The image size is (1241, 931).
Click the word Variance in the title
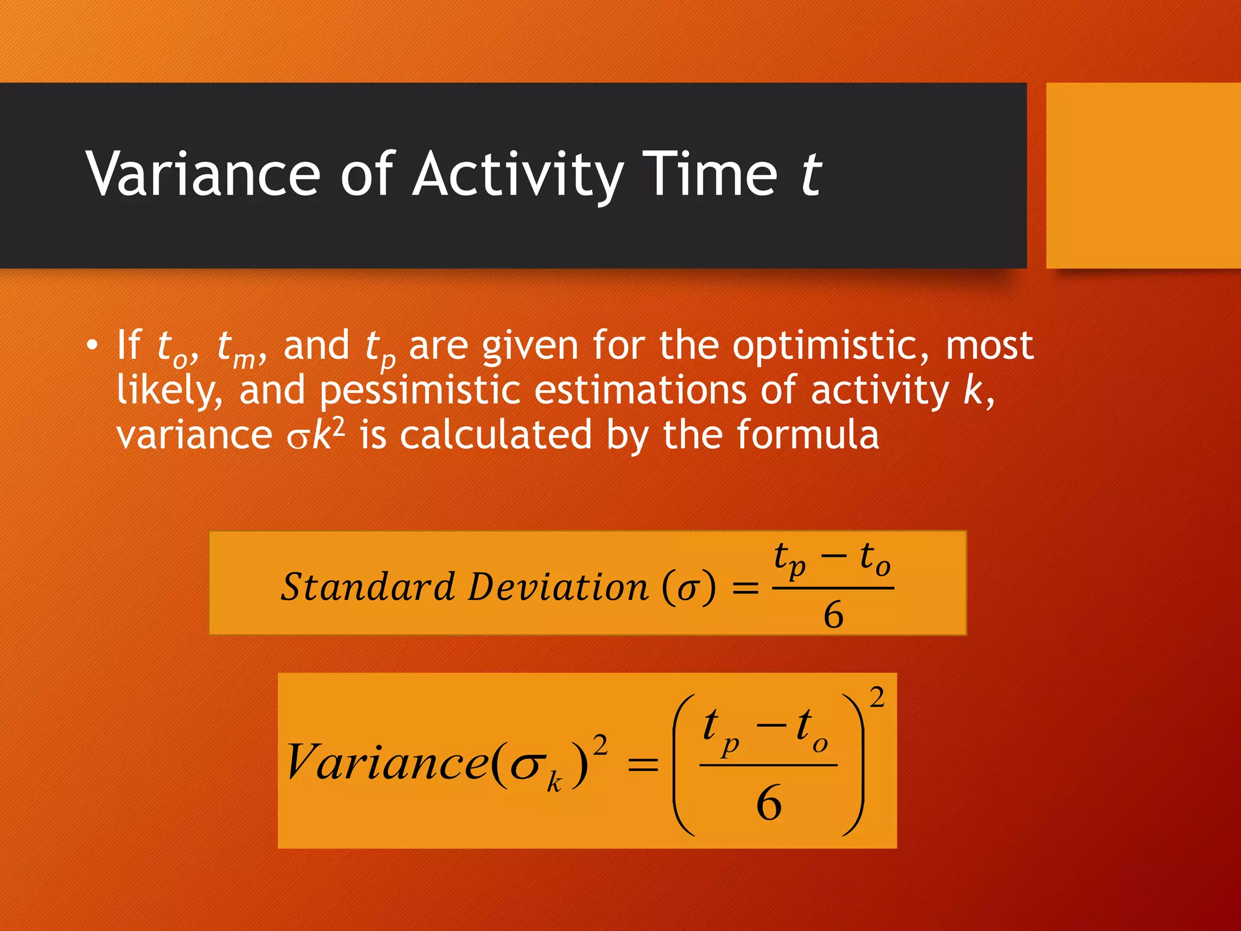click(x=203, y=175)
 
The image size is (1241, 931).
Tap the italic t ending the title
click(x=811, y=175)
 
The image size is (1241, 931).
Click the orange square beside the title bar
click(x=1143, y=175)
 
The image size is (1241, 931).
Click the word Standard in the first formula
click(x=368, y=587)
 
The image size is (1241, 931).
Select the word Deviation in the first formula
click(x=558, y=587)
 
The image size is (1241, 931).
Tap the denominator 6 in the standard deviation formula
click(x=833, y=615)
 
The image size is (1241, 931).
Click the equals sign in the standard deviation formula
click(x=745, y=587)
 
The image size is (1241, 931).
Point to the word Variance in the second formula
click(x=387, y=762)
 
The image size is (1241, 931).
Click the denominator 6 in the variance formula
click(x=769, y=803)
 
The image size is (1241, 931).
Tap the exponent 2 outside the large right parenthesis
click(x=877, y=698)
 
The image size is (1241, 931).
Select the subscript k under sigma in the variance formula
click(x=554, y=783)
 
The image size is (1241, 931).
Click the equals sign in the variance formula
click(x=643, y=764)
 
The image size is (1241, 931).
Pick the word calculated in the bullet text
click(x=495, y=435)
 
